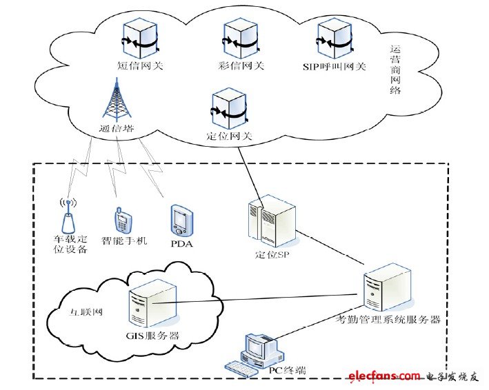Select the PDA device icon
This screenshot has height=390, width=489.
tap(179, 219)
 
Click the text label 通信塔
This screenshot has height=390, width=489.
tap(114, 128)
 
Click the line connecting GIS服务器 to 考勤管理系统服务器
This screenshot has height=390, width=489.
tap(262, 301)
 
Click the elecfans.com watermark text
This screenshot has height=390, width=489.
tap(383, 376)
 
